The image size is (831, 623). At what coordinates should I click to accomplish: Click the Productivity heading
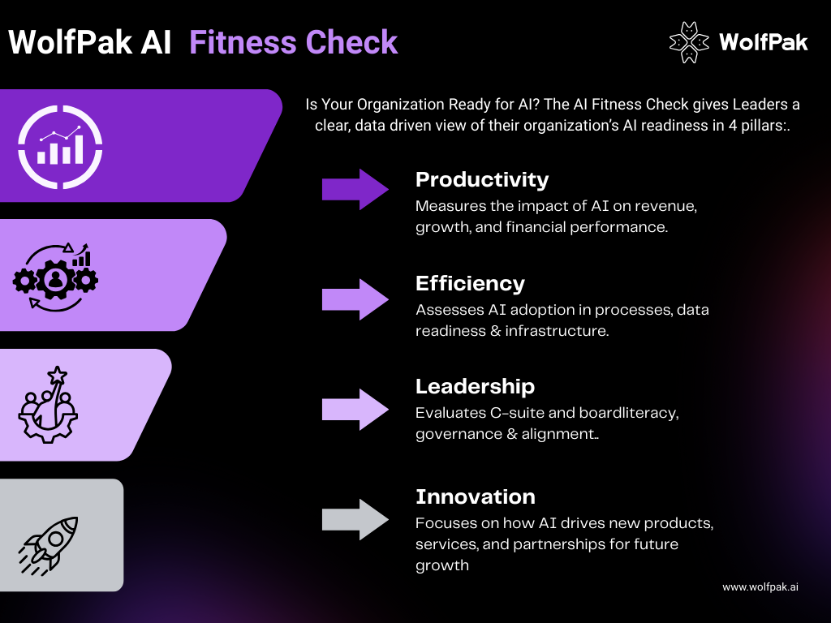coord(482,180)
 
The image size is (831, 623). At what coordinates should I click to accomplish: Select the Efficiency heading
coord(470,283)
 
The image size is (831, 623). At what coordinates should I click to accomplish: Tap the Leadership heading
coord(475,386)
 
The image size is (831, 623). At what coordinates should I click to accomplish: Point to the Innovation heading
coord(475,496)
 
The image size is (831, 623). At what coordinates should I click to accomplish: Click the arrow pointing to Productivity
coord(355,190)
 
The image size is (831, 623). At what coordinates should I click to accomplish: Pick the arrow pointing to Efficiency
coord(355,299)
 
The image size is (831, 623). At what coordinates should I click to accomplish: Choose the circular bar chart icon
coord(62,144)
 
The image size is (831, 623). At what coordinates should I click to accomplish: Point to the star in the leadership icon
coord(57,376)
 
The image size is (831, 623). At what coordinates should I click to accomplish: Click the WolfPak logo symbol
coord(687,41)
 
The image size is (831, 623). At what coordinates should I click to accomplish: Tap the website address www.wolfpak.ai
coord(760,586)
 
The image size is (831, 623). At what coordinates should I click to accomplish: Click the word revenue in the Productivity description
coord(667,206)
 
